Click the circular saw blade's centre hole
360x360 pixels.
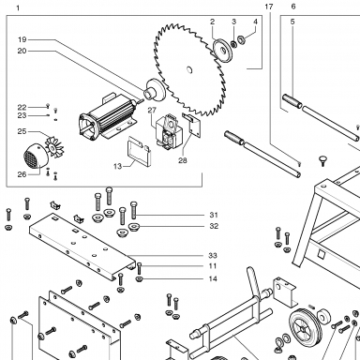tap(189, 70)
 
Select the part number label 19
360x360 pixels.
tap(22, 39)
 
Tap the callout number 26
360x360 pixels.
tap(22, 174)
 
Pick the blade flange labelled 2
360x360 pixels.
tap(223, 51)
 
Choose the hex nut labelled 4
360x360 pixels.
tap(241, 40)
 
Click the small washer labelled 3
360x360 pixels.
tap(233, 44)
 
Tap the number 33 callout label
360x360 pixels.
tap(213, 256)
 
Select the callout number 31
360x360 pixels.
tap(214, 215)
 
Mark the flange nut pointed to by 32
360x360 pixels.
tap(134, 227)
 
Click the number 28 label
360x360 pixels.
tap(183, 160)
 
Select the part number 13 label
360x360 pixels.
tap(117, 166)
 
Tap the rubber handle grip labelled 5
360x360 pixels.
tap(292, 101)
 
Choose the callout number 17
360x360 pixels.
tap(269, 7)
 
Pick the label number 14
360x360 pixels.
tap(213, 278)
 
